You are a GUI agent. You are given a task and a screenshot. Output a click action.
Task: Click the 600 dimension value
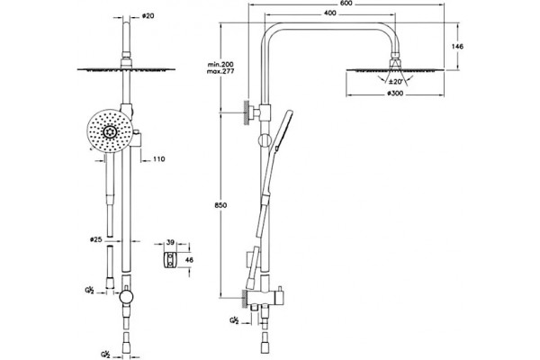347,4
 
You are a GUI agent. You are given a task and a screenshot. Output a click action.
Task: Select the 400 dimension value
330,13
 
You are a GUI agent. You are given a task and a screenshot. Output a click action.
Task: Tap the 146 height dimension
458,46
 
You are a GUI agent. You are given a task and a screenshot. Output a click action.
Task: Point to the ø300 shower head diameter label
395,94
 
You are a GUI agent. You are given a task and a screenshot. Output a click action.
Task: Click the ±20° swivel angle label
395,82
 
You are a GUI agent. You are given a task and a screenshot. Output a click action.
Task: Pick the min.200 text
220,65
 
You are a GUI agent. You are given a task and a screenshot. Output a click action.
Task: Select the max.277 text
220,71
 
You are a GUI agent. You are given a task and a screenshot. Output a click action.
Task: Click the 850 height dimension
220,205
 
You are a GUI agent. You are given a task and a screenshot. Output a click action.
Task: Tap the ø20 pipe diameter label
148,16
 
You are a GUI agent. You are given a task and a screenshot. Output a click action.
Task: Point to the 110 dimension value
158,159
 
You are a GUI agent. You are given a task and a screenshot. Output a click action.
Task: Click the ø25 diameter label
95,239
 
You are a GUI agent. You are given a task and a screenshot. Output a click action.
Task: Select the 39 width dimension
170,242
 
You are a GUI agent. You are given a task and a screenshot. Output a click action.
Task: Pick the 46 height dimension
189,260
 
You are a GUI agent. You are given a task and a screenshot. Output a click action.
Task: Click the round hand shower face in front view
110,132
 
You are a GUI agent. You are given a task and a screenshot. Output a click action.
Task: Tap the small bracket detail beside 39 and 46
170,260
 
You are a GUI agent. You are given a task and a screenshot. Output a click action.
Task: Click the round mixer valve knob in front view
125,297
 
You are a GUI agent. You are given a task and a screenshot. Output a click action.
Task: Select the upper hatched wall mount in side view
247,112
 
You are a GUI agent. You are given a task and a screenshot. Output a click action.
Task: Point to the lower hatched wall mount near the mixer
245,298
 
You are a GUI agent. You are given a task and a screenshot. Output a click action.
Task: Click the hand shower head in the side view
283,130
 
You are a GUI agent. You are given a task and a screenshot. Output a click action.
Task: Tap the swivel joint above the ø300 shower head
395,60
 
